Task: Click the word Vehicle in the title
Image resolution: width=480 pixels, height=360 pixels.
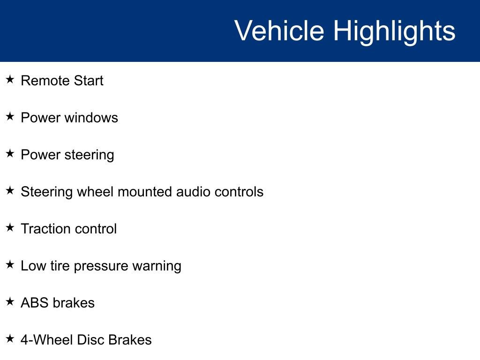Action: pos(279,31)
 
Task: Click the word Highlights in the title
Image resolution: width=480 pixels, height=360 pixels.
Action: pos(394,31)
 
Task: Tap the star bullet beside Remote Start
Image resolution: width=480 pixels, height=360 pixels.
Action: pos(10,80)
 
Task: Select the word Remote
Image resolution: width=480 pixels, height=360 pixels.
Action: pos(39,81)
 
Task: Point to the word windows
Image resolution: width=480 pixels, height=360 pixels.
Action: pos(91,118)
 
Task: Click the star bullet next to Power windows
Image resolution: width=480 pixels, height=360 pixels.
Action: pos(10,117)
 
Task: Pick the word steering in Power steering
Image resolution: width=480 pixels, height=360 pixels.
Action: pos(89,155)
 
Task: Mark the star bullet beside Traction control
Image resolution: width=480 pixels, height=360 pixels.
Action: pos(10,228)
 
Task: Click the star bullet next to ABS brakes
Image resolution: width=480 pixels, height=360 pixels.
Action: pos(10,302)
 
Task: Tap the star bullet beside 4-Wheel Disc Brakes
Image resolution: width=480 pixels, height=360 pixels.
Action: pos(10,339)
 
